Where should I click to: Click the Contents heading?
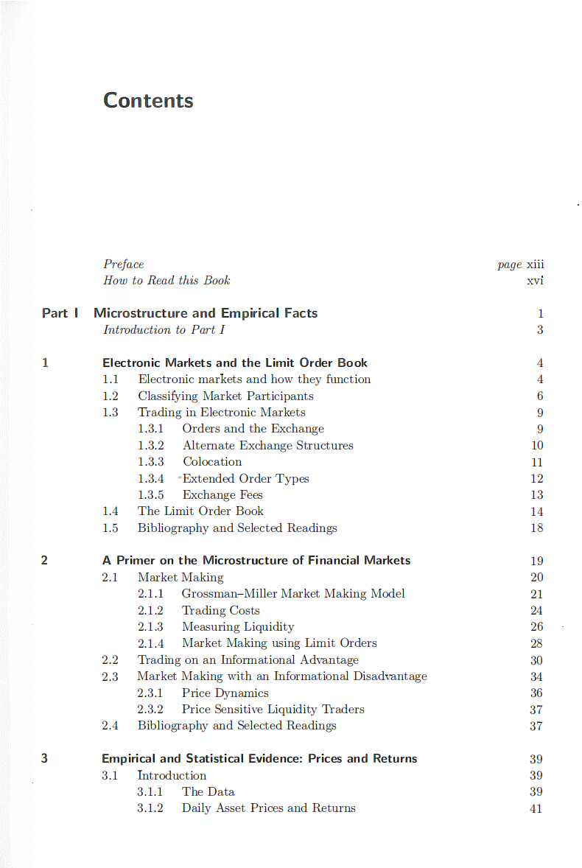tap(148, 100)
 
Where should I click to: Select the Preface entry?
tap(124, 264)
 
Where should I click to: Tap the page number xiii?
tap(535, 264)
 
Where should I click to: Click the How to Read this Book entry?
tap(166, 280)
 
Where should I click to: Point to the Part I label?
tap(60, 313)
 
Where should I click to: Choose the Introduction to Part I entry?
tap(164, 329)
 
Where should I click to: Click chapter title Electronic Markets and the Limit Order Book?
tap(235, 363)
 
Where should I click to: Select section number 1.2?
tap(111, 396)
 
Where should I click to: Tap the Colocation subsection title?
tap(212, 462)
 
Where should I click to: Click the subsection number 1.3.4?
tap(150, 478)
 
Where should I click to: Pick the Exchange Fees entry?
tap(222, 495)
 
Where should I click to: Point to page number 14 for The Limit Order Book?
tap(536, 511)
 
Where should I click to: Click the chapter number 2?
tap(44, 561)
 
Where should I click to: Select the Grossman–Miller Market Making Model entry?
tap(293, 594)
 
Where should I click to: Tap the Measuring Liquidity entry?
tap(238, 627)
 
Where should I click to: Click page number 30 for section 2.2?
tap(536, 660)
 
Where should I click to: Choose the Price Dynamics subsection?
tap(225, 693)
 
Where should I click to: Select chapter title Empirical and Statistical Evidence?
tap(259, 759)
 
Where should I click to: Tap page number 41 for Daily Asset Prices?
tap(536, 808)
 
